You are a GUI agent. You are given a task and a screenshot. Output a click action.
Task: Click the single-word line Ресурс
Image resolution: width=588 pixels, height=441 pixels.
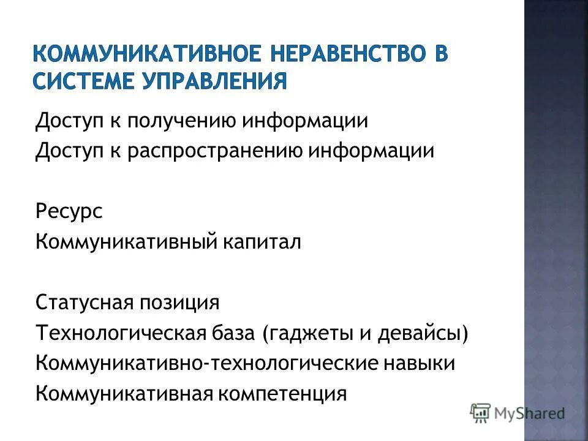point(69,212)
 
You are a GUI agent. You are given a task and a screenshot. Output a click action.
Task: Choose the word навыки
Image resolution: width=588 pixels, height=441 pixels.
point(419,363)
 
